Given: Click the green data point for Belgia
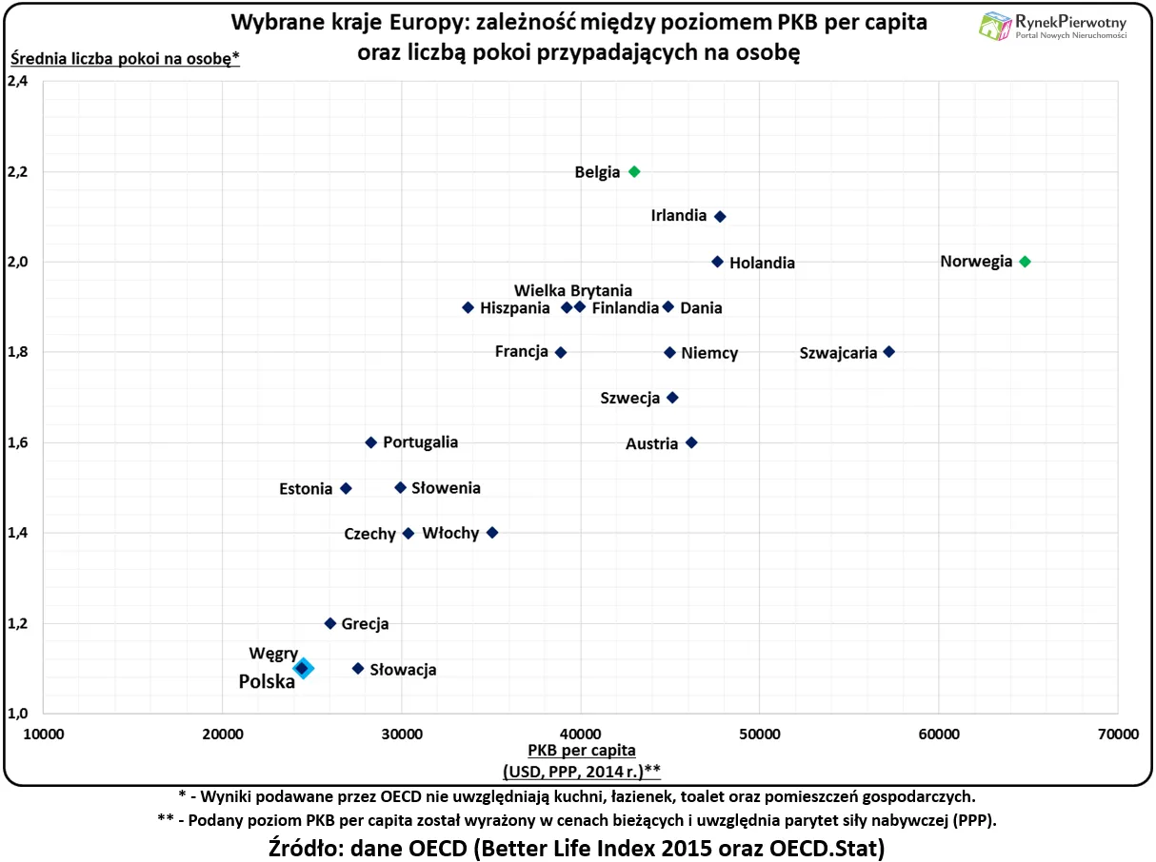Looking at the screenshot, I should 634,171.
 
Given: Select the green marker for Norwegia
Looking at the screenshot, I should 1025,262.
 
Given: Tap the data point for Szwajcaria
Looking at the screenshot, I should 889,352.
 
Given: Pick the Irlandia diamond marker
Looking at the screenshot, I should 720,217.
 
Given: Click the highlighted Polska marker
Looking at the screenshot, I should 303,668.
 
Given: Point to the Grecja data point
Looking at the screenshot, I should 330,623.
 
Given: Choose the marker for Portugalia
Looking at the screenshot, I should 371,442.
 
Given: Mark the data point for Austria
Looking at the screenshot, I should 691,442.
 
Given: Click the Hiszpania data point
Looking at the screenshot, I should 468,307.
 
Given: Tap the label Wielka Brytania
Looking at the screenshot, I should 573,290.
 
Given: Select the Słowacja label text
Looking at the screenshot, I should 403,670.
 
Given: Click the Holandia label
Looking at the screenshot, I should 762,263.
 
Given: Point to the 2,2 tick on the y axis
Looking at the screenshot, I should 18,172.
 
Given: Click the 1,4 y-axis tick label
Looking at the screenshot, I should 18,533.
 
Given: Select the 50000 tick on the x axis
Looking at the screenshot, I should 759,734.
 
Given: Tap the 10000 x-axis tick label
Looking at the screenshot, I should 44,734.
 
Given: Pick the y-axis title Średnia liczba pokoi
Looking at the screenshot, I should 124,59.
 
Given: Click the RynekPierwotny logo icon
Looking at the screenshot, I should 995,26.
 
